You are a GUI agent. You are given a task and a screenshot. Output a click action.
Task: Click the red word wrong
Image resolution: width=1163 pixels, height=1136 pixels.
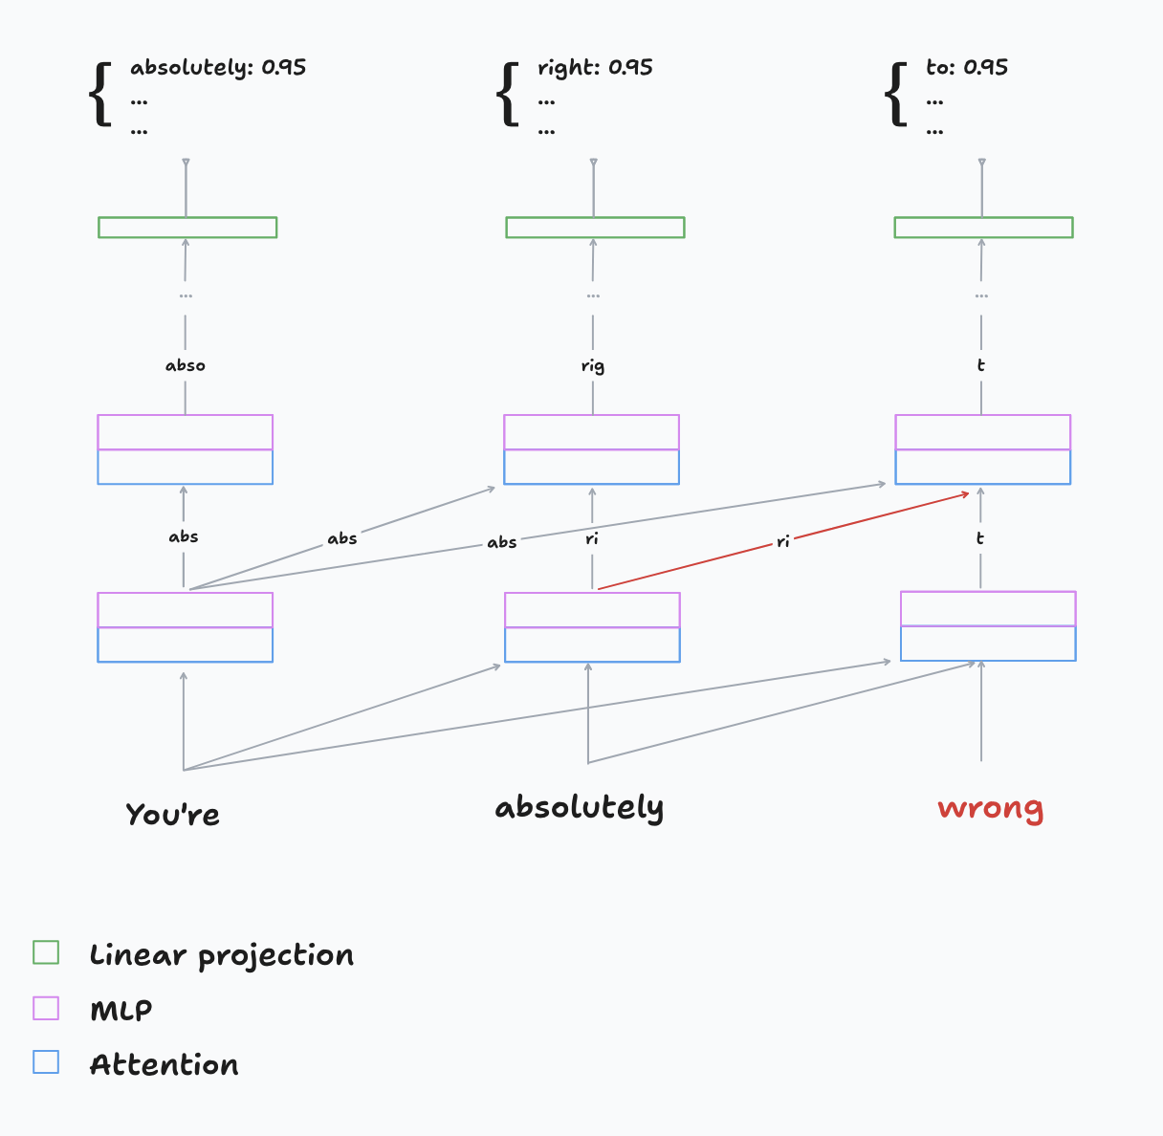(990, 809)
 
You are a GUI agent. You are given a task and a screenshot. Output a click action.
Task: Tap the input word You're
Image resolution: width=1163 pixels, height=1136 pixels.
(172, 815)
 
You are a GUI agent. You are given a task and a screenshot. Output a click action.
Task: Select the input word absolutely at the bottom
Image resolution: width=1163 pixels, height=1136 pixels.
(579, 808)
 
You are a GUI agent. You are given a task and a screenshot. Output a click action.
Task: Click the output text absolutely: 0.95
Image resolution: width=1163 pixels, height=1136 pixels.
(218, 68)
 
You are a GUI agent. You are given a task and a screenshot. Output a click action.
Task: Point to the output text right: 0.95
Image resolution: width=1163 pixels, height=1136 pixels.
(595, 68)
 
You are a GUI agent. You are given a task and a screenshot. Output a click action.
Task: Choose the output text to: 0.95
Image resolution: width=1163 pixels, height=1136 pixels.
(967, 68)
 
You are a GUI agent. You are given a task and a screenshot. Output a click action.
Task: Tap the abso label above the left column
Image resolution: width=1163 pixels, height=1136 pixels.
(186, 365)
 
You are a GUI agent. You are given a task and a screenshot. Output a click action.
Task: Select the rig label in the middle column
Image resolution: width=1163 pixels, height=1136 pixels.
(593, 366)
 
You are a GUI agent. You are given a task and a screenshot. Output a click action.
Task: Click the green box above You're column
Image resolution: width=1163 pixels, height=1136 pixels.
(187, 228)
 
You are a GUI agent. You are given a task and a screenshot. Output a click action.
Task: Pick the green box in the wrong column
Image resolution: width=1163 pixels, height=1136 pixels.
(983, 228)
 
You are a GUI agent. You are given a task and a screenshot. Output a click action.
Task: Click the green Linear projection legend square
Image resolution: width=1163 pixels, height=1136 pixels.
(46, 952)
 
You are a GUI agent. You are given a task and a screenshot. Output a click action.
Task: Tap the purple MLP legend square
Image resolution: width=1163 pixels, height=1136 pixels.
(46, 1008)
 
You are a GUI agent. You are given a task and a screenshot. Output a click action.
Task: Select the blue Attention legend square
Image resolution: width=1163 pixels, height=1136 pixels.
(46, 1062)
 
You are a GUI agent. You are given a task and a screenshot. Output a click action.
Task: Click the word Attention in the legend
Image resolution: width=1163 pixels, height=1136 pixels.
(165, 1064)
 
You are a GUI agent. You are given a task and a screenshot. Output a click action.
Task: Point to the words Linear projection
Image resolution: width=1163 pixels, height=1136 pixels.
(222, 955)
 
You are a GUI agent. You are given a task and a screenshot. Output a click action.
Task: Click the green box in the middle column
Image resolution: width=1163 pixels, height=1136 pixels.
(595, 228)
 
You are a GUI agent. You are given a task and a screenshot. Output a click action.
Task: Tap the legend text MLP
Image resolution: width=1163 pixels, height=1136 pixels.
(121, 1010)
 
